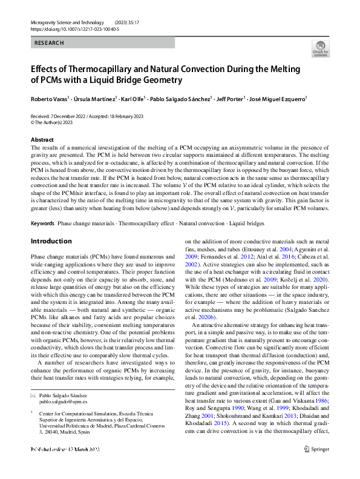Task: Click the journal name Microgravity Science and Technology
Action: (x=64, y=22)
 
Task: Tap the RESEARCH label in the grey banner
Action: (x=49, y=44)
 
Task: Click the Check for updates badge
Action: (x=320, y=49)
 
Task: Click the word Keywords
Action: (x=42, y=223)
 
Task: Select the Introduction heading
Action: (x=51, y=241)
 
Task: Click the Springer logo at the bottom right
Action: (x=317, y=466)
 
